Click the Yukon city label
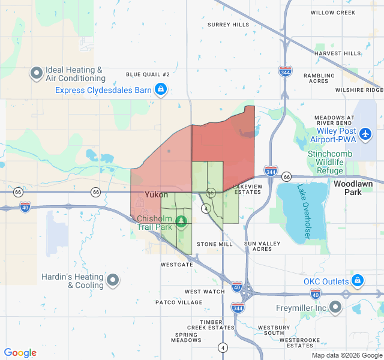[156, 194]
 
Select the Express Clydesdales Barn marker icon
[160, 90]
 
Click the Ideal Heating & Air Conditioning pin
[36, 74]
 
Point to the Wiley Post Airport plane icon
[365, 135]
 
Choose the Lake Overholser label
[302, 212]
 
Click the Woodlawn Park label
[348, 188]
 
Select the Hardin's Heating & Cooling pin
[112, 281]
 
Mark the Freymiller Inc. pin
[335, 308]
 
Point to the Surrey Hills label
[228, 25]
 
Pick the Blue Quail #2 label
[148, 74]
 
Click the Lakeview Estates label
[248, 189]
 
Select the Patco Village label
[179, 302]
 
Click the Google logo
[20, 353]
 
